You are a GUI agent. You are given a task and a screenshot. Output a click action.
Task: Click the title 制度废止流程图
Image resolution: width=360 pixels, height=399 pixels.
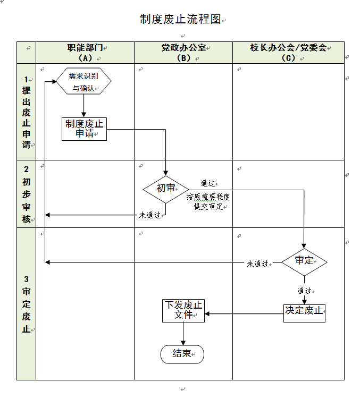(180, 20)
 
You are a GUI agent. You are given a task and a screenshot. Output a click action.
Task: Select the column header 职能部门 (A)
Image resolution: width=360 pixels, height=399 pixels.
(85, 53)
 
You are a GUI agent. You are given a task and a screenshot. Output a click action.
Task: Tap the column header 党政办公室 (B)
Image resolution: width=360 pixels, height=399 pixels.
(183, 53)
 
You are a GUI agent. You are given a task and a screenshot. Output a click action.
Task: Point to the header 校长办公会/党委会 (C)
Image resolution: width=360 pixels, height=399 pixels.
(288, 53)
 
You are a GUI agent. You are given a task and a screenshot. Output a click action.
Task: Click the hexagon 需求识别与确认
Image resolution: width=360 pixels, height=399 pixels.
(83, 82)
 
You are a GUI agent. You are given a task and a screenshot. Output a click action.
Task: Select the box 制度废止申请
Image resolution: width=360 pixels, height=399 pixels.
(84, 129)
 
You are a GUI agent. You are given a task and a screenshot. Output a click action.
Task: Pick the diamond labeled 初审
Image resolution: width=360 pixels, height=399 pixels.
(166, 188)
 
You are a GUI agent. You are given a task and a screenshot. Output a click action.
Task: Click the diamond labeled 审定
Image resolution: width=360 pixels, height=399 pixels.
(304, 261)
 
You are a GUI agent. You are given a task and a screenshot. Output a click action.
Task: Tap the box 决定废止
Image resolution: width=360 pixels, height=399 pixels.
(304, 311)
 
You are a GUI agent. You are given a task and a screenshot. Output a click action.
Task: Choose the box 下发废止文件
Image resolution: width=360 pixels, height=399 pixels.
(183, 311)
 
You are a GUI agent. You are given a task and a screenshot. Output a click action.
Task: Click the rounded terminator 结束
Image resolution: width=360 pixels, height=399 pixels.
(182, 354)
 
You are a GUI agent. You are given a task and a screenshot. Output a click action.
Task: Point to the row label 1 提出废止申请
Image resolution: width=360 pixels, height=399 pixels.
(26, 112)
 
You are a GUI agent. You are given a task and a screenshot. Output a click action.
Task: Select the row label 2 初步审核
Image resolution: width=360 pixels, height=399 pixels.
(26, 194)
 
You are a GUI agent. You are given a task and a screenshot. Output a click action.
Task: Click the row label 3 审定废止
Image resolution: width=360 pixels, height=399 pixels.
(26, 304)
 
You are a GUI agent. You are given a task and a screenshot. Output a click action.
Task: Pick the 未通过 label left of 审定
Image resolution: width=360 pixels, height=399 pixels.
(257, 264)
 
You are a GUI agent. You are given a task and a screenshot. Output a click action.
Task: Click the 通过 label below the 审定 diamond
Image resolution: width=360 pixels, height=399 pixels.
(304, 291)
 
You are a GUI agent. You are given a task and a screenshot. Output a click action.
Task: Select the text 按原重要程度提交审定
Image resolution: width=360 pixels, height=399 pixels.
(208, 201)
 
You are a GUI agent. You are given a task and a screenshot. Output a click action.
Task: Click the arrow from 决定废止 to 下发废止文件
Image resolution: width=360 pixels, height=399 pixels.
(244, 313)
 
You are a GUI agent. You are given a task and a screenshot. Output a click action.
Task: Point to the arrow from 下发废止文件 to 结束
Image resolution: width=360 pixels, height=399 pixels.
(183, 334)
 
